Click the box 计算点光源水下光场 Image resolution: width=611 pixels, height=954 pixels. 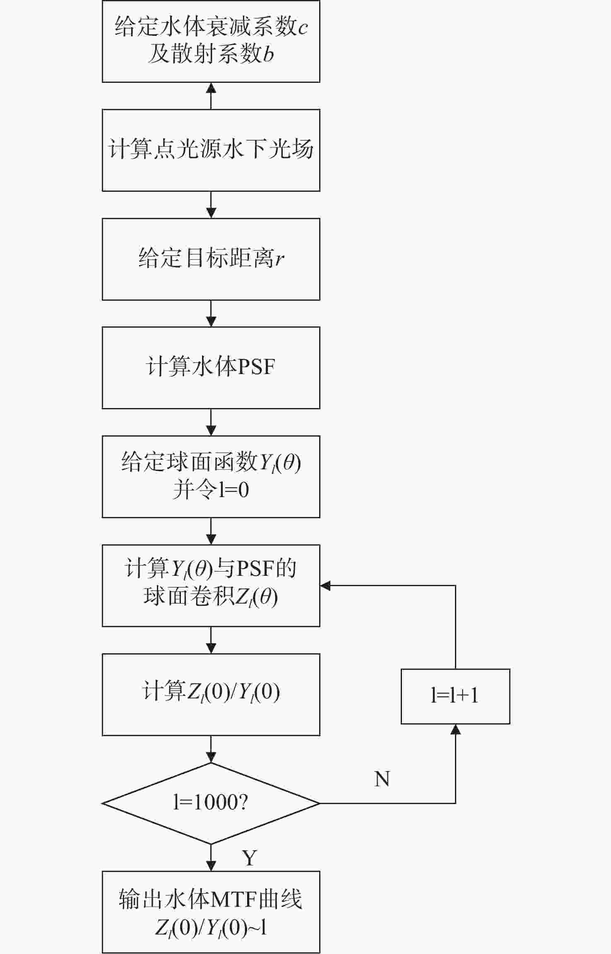point(211,150)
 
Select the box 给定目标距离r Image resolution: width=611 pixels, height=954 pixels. point(211,259)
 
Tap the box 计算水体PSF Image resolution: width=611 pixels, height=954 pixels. point(211,368)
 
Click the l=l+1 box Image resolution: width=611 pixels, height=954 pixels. point(455,696)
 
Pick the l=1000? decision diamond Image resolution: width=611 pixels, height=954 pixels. point(211,803)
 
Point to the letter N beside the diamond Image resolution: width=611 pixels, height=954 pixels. point(382,779)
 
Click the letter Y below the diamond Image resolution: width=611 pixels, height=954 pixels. point(250,858)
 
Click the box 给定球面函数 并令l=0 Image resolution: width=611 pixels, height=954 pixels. point(211,476)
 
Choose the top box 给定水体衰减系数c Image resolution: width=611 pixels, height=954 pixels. point(211,41)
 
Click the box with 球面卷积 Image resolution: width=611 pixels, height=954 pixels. point(211,585)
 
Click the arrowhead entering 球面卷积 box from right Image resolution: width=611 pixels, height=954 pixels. point(325,585)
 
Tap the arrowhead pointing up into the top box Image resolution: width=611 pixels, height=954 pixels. point(211,87)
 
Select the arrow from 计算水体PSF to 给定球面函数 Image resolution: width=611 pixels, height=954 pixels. point(211,423)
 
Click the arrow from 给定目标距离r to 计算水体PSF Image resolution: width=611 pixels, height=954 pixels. point(211,314)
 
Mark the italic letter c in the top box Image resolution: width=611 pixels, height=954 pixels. point(303,28)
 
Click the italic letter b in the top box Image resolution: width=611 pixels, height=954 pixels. point(268,54)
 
